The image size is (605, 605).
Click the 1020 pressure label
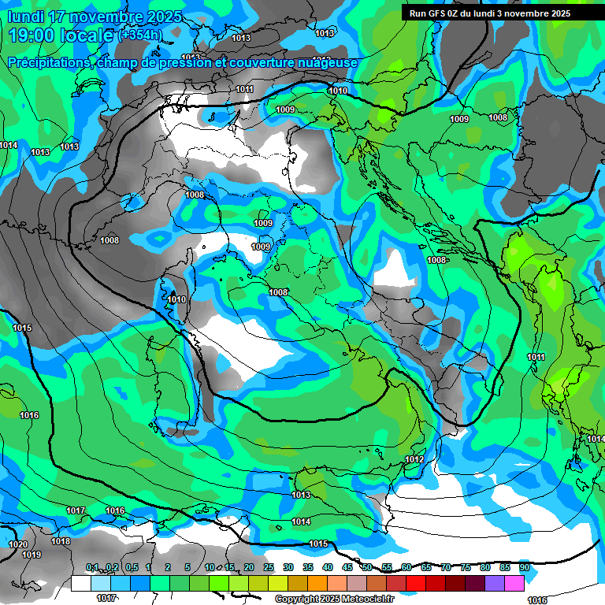17,544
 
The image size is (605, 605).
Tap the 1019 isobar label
32,555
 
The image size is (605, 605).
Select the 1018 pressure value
61,541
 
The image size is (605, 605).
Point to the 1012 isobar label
414,459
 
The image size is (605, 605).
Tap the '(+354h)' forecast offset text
140,35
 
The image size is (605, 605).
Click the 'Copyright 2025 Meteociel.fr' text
334,599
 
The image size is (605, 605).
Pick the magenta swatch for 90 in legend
514,583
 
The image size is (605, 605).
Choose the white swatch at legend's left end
81,583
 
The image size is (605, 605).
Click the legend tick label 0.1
92,567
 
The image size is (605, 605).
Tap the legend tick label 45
347,567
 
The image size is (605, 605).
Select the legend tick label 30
288,567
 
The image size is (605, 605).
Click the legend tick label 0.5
131,567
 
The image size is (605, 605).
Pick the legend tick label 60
406,567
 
